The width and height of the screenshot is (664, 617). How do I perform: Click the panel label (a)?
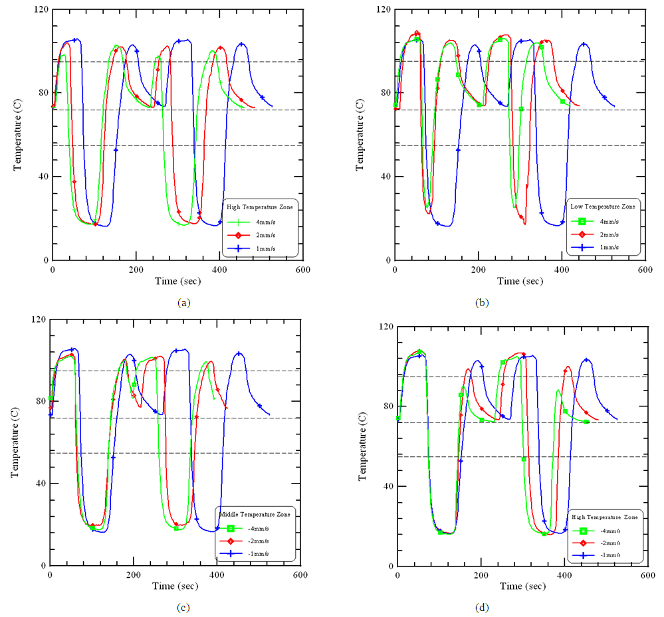(184, 303)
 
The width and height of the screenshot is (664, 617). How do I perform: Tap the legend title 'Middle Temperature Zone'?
(256, 514)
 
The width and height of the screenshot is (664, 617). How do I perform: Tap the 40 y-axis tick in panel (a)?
(43, 177)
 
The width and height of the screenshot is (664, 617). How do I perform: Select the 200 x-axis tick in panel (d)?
(481, 576)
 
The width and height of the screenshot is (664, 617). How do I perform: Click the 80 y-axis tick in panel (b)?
(386, 92)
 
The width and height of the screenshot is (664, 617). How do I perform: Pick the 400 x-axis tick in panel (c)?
(216, 574)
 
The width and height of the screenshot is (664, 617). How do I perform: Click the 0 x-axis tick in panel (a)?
(52, 270)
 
